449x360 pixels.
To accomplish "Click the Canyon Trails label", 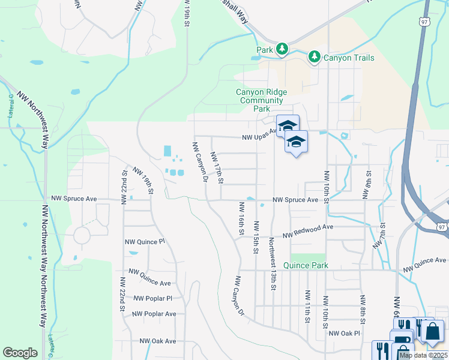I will click(349, 58).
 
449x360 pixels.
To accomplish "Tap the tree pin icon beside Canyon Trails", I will click(314, 57).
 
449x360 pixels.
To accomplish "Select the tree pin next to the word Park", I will click(281, 49).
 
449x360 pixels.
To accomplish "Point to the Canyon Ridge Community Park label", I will click(261, 100).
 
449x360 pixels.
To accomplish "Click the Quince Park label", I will click(305, 265).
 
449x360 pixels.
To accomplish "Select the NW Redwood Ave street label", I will click(308, 231).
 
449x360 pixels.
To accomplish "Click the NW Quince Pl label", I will click(144, 242).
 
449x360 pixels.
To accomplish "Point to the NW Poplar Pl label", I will click(152, 298).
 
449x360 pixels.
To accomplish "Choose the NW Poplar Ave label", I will click(154, 314).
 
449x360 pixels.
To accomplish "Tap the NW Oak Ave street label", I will click(158, 341).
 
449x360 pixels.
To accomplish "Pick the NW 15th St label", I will click(256, 236).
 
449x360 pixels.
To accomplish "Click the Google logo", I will click(20, 353).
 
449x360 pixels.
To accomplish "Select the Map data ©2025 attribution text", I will click(423, 355).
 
